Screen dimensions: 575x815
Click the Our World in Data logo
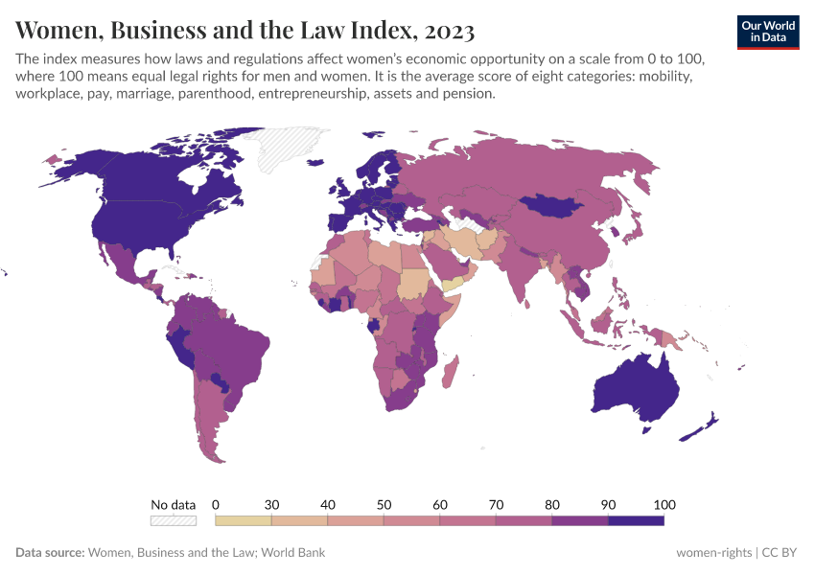(x=768, y=31)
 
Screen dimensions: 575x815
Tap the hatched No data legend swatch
(x=173, y=520)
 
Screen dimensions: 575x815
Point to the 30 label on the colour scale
(x=271, y=504)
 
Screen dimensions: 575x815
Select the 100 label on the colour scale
(x=664, y=504)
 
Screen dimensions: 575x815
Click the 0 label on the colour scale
(x=216, y=504)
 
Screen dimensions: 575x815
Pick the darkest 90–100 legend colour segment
(x=636, y=520)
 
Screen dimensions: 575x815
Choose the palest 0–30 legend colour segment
(x=244, y=520)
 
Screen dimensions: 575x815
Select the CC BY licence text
(x=783, y=552)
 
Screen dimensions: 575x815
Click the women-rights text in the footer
(x=714, y=552)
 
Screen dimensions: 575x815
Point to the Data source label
(x=50, y=552)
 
